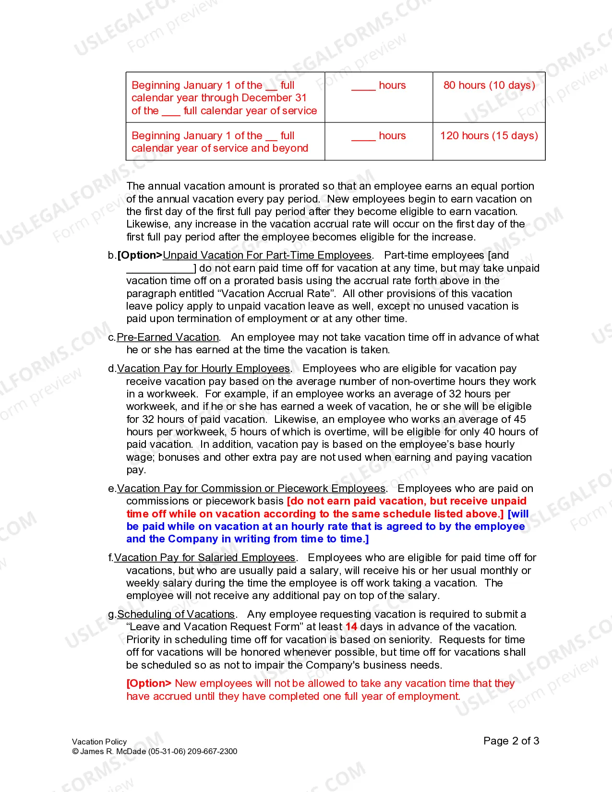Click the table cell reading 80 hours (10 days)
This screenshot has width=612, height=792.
[489, 85]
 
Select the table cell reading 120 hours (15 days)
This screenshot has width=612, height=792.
[489, 136]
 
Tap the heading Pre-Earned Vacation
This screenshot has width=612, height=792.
[168, 337]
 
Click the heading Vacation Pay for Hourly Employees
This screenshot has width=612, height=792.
[204, 369]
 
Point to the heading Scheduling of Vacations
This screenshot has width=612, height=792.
[176, 614]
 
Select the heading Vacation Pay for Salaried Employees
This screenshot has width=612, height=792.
[204, 558]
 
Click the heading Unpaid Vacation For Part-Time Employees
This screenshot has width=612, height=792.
[267, 255]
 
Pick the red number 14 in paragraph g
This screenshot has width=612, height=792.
[351, 627]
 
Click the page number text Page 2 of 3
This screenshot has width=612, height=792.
[511, 741]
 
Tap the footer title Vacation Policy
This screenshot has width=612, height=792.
[99, 742]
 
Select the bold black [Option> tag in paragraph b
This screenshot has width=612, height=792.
[140, 255]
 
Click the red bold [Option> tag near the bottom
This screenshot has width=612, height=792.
[149, 684]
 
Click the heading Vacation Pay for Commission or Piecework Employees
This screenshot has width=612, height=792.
[252, 489]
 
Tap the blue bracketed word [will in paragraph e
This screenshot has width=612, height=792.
[518, 514]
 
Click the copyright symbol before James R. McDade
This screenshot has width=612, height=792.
[75, 752]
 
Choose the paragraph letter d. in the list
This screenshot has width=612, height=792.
[112, 369]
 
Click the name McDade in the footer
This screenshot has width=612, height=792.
[131, 752]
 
